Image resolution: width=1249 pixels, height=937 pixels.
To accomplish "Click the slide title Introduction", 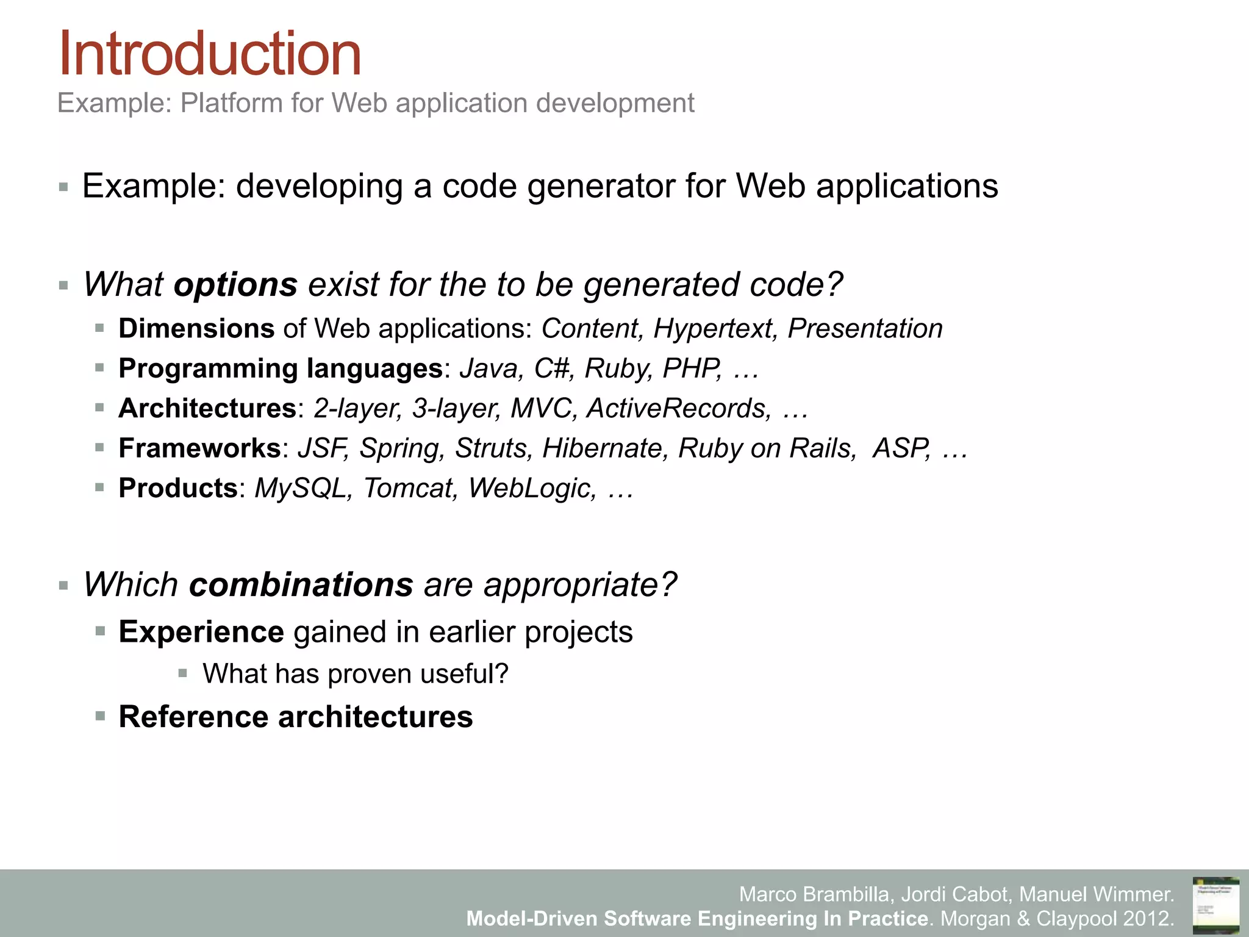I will click(x=209, y=55).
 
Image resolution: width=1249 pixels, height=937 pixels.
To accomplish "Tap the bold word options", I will click(x=235, y=284).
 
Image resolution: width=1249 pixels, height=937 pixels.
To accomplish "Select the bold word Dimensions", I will click(x=196, y=329).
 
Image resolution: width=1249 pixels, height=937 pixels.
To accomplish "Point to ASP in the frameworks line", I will click(x=901, y=448).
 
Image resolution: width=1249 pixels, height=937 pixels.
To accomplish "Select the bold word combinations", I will click(x=301, y=584).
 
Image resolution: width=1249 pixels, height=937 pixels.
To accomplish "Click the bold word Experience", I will click(x=201, y=632).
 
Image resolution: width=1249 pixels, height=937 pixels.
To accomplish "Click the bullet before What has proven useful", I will click(x=182, y=673).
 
